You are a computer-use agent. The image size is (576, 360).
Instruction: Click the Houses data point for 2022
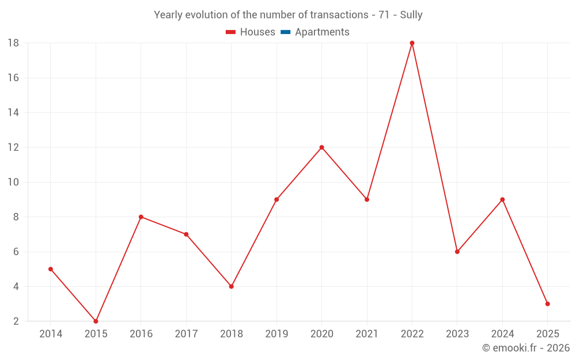(412, 43)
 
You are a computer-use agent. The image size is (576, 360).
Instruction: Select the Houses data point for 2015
(96, 321)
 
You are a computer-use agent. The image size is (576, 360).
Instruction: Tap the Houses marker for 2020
(321, 147)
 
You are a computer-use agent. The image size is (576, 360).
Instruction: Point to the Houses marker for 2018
(231, 286)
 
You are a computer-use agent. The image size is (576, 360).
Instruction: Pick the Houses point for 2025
(547, 304)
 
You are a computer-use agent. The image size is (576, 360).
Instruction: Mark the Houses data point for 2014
(51, 269)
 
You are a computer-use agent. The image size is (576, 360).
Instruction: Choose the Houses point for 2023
(457, 252)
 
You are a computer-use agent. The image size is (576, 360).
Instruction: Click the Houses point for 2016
(141, 217)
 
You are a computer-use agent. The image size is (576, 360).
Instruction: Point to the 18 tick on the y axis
(13, 43)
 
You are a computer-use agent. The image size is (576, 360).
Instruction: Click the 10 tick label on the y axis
(13, 182)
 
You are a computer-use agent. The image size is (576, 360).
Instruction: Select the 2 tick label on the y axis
(16, 321)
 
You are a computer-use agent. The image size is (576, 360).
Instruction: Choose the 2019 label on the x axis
(276, 334)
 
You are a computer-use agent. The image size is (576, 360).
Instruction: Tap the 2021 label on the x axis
(367, 334)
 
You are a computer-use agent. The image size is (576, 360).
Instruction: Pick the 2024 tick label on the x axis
(502, 334)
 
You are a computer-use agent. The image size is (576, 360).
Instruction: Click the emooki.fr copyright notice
(525, 348)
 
